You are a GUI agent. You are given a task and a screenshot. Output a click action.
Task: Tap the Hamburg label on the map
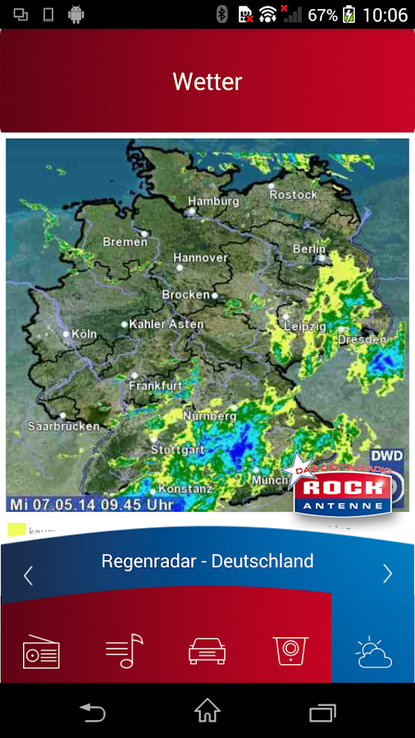213,201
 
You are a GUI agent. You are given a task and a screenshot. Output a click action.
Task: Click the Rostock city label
293,194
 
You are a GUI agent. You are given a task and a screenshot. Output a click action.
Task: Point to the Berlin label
309,248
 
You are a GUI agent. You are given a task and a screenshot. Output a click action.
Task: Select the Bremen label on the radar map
125,242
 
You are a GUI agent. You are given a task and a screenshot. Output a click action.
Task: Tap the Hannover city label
200,257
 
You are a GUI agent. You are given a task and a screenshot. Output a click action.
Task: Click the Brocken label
186,294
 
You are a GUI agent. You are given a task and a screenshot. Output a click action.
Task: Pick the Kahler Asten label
166,324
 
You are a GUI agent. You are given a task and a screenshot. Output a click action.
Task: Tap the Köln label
84,334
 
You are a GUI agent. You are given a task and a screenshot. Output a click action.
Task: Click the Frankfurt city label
155,385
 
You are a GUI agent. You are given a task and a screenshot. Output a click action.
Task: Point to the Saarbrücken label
63,426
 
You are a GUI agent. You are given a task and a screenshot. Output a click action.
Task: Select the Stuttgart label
177,450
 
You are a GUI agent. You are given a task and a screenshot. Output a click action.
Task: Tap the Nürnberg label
209,416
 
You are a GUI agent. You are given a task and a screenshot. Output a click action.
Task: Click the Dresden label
362,339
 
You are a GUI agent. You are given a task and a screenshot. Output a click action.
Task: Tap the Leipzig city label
304,326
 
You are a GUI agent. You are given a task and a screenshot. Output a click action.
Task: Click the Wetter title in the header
207,82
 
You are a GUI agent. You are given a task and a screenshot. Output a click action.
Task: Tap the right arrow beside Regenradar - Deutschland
387,573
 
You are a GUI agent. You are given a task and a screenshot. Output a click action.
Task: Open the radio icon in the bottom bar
41,653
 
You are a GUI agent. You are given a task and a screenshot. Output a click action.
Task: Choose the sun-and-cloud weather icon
373,653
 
